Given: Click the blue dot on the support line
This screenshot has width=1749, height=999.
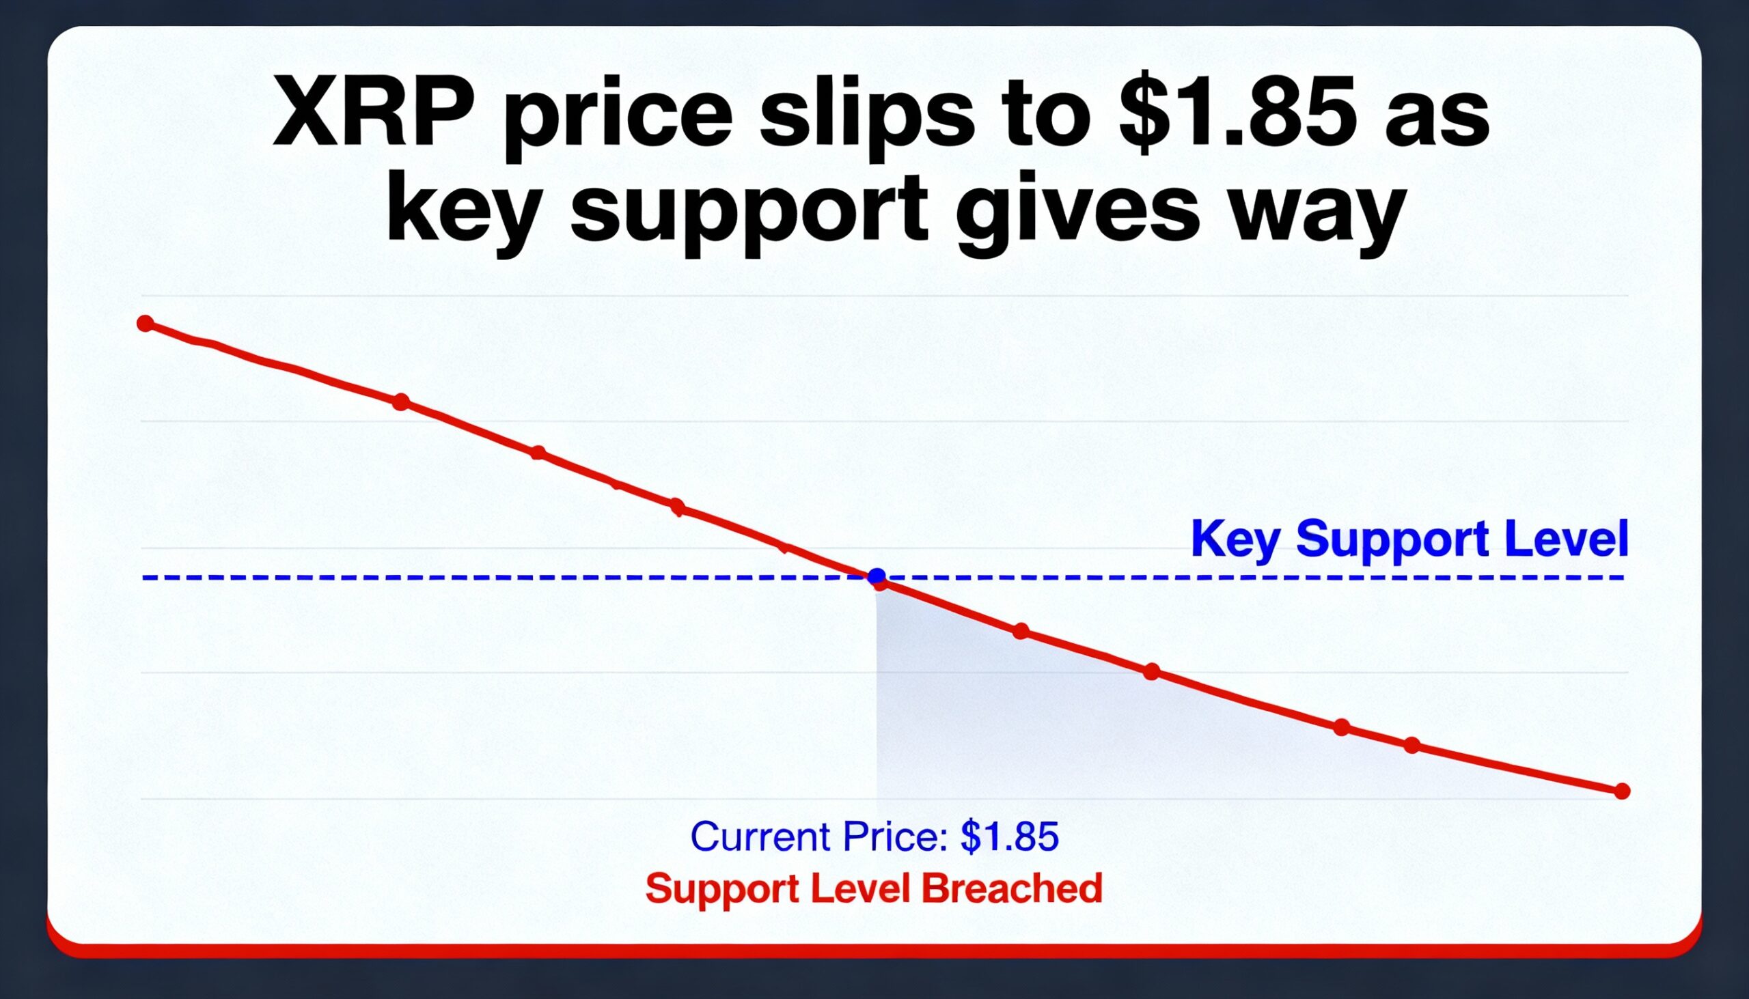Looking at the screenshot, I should (877, 576).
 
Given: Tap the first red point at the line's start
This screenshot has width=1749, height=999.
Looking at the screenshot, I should (146, 323).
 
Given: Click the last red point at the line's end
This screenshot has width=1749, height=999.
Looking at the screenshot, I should (1622, 792).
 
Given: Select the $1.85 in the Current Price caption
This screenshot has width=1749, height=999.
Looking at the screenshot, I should (1009, 836).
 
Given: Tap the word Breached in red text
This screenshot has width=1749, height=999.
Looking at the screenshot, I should (1012, 888).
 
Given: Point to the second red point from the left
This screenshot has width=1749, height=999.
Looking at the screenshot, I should (401, 402).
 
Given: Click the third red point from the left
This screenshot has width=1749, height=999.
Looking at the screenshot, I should (538, 453).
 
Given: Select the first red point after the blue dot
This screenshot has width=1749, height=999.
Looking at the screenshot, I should (1021, 631).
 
